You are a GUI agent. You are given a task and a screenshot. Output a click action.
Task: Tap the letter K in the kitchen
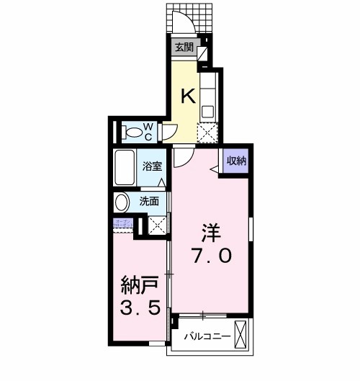click(186, 95)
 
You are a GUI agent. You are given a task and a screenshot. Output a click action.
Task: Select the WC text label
click(148, 132)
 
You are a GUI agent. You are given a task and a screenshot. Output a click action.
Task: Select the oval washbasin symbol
click(122, 202)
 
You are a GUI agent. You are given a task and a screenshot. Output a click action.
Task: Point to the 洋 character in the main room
click(210, 232)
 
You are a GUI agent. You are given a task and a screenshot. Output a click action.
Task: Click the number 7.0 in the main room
click(211, 256)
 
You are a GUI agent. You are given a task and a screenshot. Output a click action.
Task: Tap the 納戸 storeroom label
click(139, 287)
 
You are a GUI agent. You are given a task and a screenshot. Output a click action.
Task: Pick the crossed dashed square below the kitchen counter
click(207, 133)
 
